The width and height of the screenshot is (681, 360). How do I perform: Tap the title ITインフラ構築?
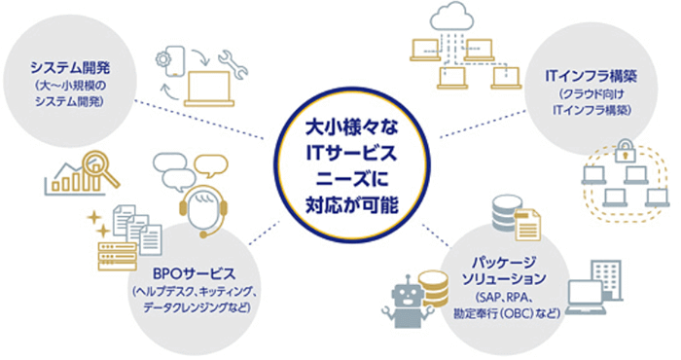coord(591,74)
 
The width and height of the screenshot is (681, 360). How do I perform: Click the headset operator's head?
coord(204,207)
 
